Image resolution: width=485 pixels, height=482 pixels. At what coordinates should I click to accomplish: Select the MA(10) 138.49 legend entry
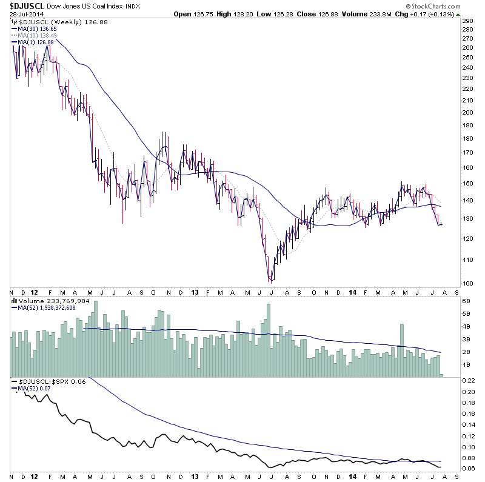click(37, 36)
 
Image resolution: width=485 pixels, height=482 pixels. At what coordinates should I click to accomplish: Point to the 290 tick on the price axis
click(467, 21)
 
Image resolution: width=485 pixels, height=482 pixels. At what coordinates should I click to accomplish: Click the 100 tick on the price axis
click(467, 283)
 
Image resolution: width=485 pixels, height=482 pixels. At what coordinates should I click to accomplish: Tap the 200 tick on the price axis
click(467, 113)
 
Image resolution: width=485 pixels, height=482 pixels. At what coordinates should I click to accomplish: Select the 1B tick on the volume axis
click(467, 365)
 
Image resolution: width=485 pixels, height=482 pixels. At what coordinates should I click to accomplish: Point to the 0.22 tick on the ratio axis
click(469, 380)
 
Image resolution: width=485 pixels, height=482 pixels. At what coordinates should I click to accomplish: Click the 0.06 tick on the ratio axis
click(469, 469)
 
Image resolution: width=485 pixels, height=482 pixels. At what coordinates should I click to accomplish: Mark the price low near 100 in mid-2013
click(271, 281)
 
